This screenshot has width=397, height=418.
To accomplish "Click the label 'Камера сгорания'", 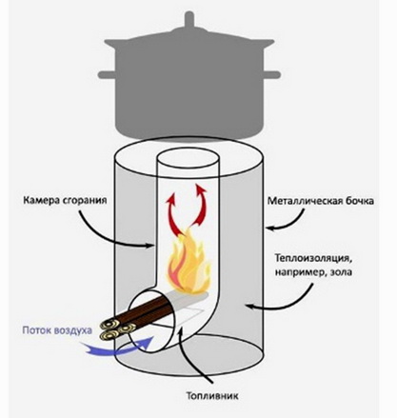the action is pyautogui.click(x=65, y=201).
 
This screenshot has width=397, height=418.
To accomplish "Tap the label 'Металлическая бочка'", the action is pyautogui.click(x=321, y=201).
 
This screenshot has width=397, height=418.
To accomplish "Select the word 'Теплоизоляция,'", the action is pyautogui.click(x=313, y=258).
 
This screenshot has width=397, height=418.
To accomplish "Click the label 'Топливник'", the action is pyautogui.click(x=212, y=396).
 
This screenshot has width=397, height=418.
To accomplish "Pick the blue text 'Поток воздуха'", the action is pyautogui.click(x=57, y=330).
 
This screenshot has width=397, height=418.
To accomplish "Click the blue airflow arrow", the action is pyautogui.click(x=117, y=348).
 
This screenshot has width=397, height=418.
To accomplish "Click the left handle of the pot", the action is pyautogui.click(x=107, y=75).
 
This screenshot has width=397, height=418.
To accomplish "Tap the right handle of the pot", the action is pyautogui.click(x=271, y=75).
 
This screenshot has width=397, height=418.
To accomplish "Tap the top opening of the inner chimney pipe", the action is pyautogui.click(x=189, y=159).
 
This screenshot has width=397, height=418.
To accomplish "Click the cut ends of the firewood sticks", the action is pyautogui.click(x=118, y=329).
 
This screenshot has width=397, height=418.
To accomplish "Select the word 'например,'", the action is pyautogui.click(x=299, y=272).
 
